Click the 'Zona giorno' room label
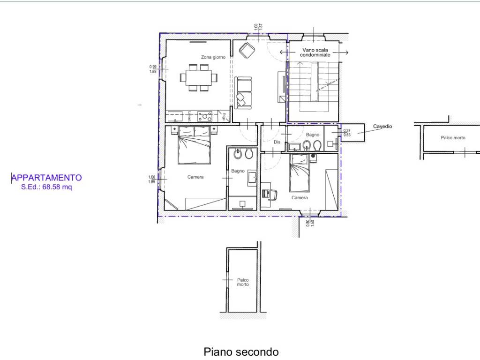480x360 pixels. tap(213, 57)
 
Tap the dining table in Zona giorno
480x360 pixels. tap(199, 77)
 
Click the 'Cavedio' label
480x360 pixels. tap(382, 127)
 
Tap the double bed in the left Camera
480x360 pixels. tap(194, 145)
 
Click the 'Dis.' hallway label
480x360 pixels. tap(277, 142)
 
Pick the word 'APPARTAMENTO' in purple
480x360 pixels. tap(47, 178)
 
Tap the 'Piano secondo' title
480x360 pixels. tap(241, 352)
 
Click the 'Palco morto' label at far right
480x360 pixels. tap(453, 138)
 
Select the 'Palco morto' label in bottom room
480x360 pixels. tap(242, 282)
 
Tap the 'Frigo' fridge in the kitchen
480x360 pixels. tap(225, 116)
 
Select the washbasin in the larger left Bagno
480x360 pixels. tap(252, 176)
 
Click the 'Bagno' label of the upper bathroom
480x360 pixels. tap(312, 135)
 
